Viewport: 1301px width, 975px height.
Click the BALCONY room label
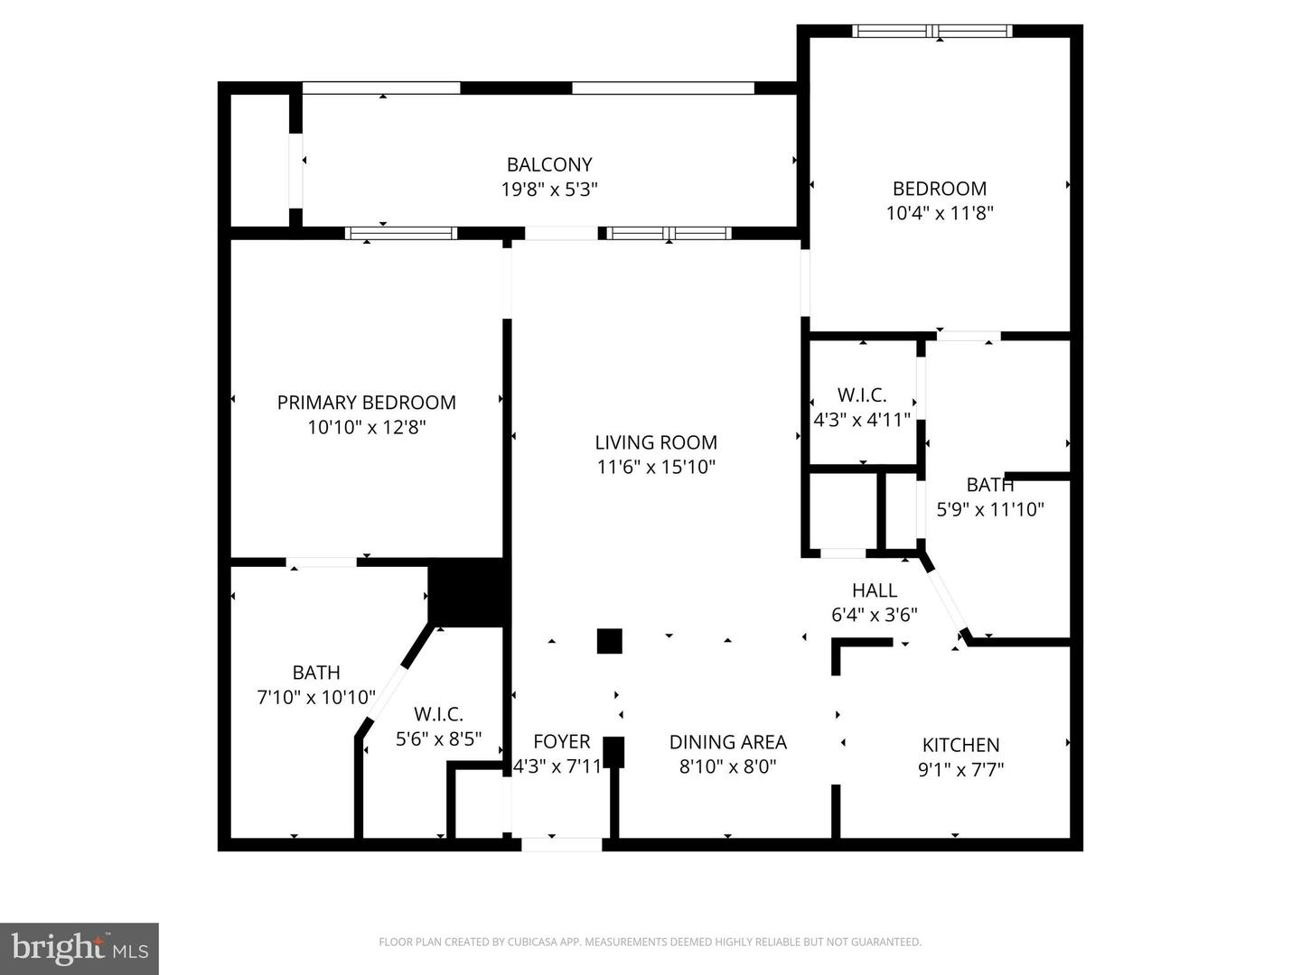click(x=549, y=164)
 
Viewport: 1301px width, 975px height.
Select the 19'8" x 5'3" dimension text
click(x=549, y=190)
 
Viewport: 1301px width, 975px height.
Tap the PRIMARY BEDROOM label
click(x=366, y=403)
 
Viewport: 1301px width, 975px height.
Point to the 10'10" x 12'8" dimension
click(x=366, y=427)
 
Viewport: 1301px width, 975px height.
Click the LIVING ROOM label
click(x=656, y=442)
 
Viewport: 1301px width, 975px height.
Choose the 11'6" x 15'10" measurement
click(x=656, y=467)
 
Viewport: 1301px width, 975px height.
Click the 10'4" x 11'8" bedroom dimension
click(x=940, y=213)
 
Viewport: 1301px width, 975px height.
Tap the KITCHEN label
click(x=960, y=745)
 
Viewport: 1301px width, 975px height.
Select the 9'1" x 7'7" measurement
click(x=960, y=769)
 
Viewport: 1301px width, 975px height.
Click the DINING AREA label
click(x=727, y=742)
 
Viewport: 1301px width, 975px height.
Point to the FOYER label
click(x=561, y=742)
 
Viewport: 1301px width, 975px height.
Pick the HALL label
click(x=874, y=590)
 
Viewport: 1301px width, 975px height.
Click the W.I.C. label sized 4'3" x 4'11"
click(x=862, y=395)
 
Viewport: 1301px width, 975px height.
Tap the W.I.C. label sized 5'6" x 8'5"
click(x=438, y=714)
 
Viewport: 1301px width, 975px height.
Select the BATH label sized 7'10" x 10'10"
click(x=316, y=673)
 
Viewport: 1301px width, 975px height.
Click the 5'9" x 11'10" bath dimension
click(x=990, y=509)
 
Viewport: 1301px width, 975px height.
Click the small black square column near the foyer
click(x=610, y=641)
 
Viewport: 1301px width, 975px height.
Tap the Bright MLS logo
click(x=80, y=948)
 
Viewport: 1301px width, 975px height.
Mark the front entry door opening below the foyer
click(x=562, y=844)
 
